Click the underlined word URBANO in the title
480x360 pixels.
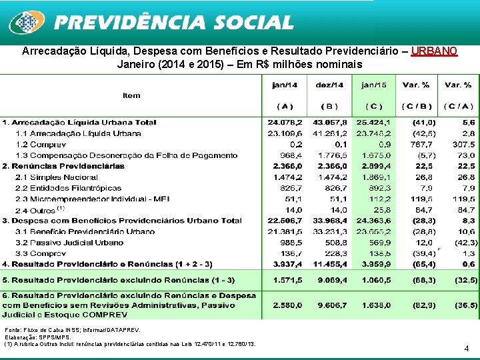coord(434,51)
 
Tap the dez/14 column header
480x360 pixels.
coord(330,85)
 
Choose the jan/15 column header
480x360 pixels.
coord(374,85)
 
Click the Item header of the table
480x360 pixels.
coord(131,95)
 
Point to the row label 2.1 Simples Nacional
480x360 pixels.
coord(55,177)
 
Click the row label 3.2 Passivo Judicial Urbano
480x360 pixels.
coord(69,243)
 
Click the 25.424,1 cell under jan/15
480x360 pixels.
coord(375,123)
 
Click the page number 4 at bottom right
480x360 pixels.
coord(466,347)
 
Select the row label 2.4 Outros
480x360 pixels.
coord(37,209)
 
